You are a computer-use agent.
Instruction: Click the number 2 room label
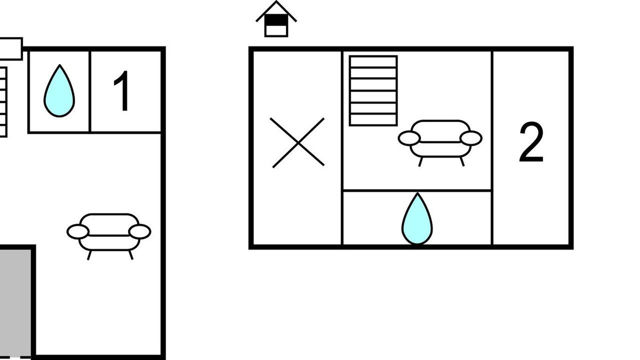[531, 143]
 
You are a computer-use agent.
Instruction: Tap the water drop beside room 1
[59, 91]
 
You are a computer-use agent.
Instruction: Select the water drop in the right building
[417, 219]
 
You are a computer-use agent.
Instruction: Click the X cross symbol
[297, 142]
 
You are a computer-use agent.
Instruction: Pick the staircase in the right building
[373, 90]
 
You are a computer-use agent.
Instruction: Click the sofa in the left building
[109, 233]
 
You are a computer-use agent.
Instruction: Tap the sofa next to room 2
[440, 139]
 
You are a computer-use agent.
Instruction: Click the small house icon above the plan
[276, 20]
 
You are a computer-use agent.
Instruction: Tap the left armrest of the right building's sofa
[409, 138]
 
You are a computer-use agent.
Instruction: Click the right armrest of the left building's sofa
[139, 231]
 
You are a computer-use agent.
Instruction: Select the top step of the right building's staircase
[373, 61]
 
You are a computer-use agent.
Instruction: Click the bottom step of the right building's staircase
[373, 119]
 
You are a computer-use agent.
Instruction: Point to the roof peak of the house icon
[276, 3]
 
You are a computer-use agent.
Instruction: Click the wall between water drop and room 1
[90, 91]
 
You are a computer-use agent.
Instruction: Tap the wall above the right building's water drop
[417, 190]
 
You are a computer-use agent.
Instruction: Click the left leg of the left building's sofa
[89, 255]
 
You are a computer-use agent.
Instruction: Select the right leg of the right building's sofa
[462, 161]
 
